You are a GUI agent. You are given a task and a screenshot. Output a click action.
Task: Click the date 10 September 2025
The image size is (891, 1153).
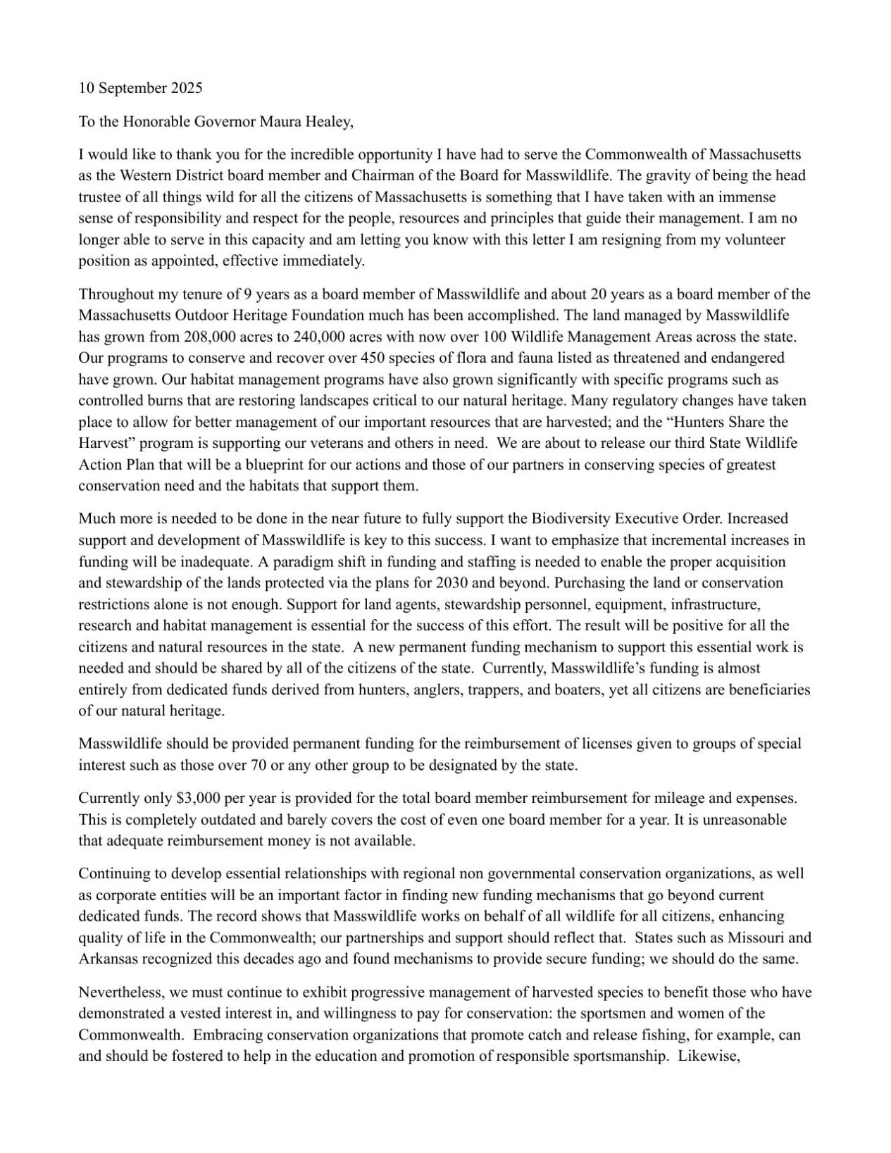140,88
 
